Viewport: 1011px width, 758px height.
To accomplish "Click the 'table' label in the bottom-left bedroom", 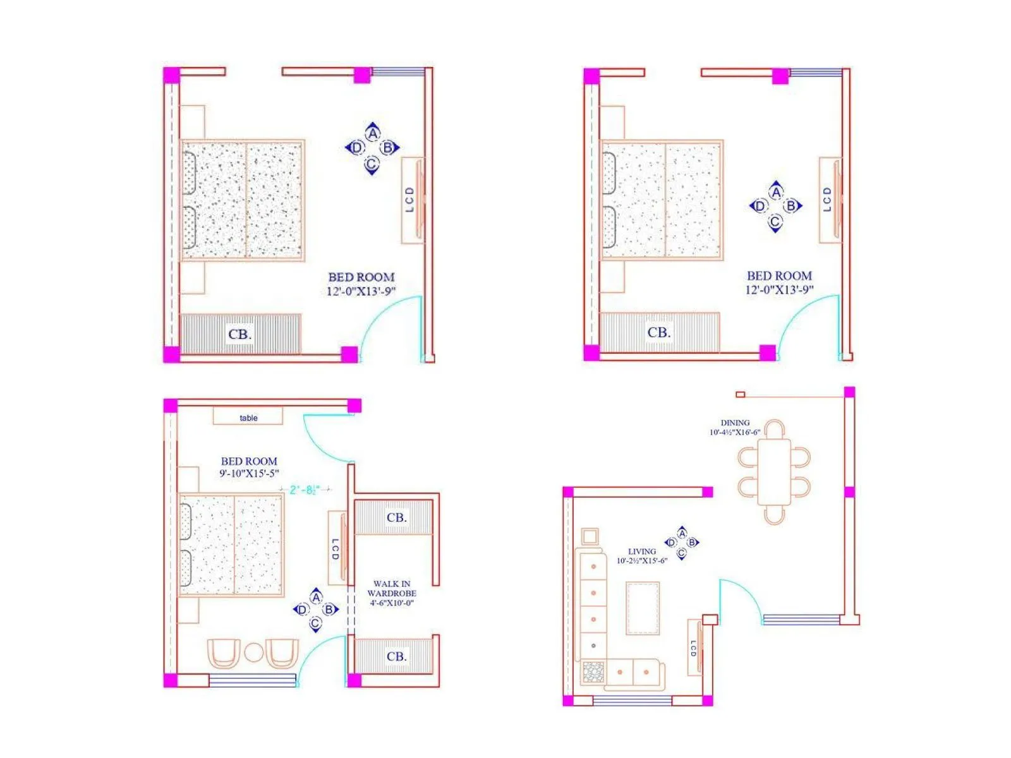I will (248, 418).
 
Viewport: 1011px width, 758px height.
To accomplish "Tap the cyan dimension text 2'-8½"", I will (305, 490).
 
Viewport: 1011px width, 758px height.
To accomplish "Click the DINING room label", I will (735, 423).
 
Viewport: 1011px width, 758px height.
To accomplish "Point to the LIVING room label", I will (641, 551).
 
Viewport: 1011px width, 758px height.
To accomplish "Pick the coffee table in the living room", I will (643, 608).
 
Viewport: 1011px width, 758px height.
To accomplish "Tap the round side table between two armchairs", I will (253, 653).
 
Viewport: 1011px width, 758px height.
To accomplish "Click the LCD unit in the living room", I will (694, 647).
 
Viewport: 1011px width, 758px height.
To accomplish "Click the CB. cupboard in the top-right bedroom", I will (659, 332).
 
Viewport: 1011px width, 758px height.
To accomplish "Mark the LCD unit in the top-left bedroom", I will (412, 200).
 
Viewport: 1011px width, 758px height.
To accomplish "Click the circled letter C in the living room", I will (681, 554).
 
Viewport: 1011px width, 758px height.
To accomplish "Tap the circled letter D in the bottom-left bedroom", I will (302, 610).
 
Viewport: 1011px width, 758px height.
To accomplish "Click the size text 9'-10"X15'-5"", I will (249, 473).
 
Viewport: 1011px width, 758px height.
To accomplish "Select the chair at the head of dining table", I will (775, 430).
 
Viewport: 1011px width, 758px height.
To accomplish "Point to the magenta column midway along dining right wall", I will (849, 492).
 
